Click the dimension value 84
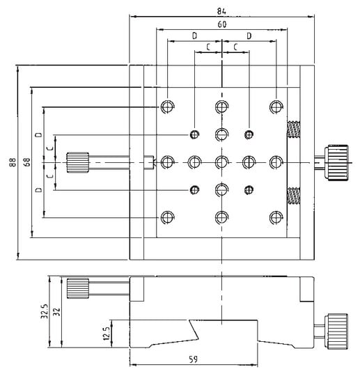pos(222,9)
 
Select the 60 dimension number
pos(222,24)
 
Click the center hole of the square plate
pos(221,162)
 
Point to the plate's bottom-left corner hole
pos(166,217)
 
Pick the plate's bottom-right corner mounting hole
pos(276,217)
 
